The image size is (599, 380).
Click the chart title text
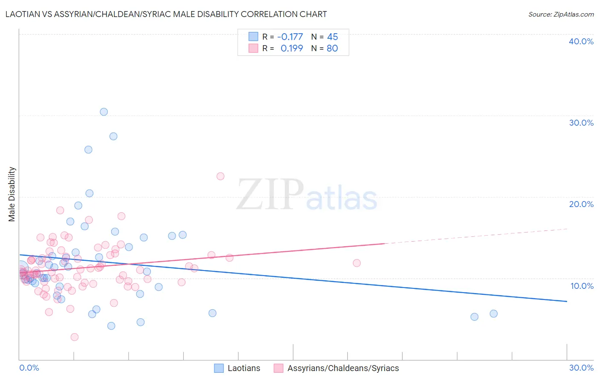(166, 14)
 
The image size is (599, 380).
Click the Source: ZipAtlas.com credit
(561, 14)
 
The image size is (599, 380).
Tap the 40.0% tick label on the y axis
(581, 41)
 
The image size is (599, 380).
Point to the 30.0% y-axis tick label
(581, 123)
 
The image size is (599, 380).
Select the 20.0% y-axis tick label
(581, 204)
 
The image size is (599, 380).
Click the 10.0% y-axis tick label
(582, 286)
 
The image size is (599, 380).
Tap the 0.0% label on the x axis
(29, 368)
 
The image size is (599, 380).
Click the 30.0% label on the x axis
(581, 368)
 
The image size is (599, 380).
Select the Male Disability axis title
(12, 194)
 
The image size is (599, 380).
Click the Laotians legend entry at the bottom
(244, 368)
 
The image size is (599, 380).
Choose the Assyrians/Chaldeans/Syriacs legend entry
(343, 368)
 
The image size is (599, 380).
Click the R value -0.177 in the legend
(290, 37)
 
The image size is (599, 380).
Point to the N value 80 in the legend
(332, 49)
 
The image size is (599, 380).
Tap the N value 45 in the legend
(332, 37)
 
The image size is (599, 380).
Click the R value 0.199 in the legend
(291, 49)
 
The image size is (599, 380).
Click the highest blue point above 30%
(104, 112)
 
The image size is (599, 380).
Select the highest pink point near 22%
(220, 176)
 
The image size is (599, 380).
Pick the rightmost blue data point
(493, 314)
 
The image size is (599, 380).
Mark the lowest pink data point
(75, 337)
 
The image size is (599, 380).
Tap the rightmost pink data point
(357, 263)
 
